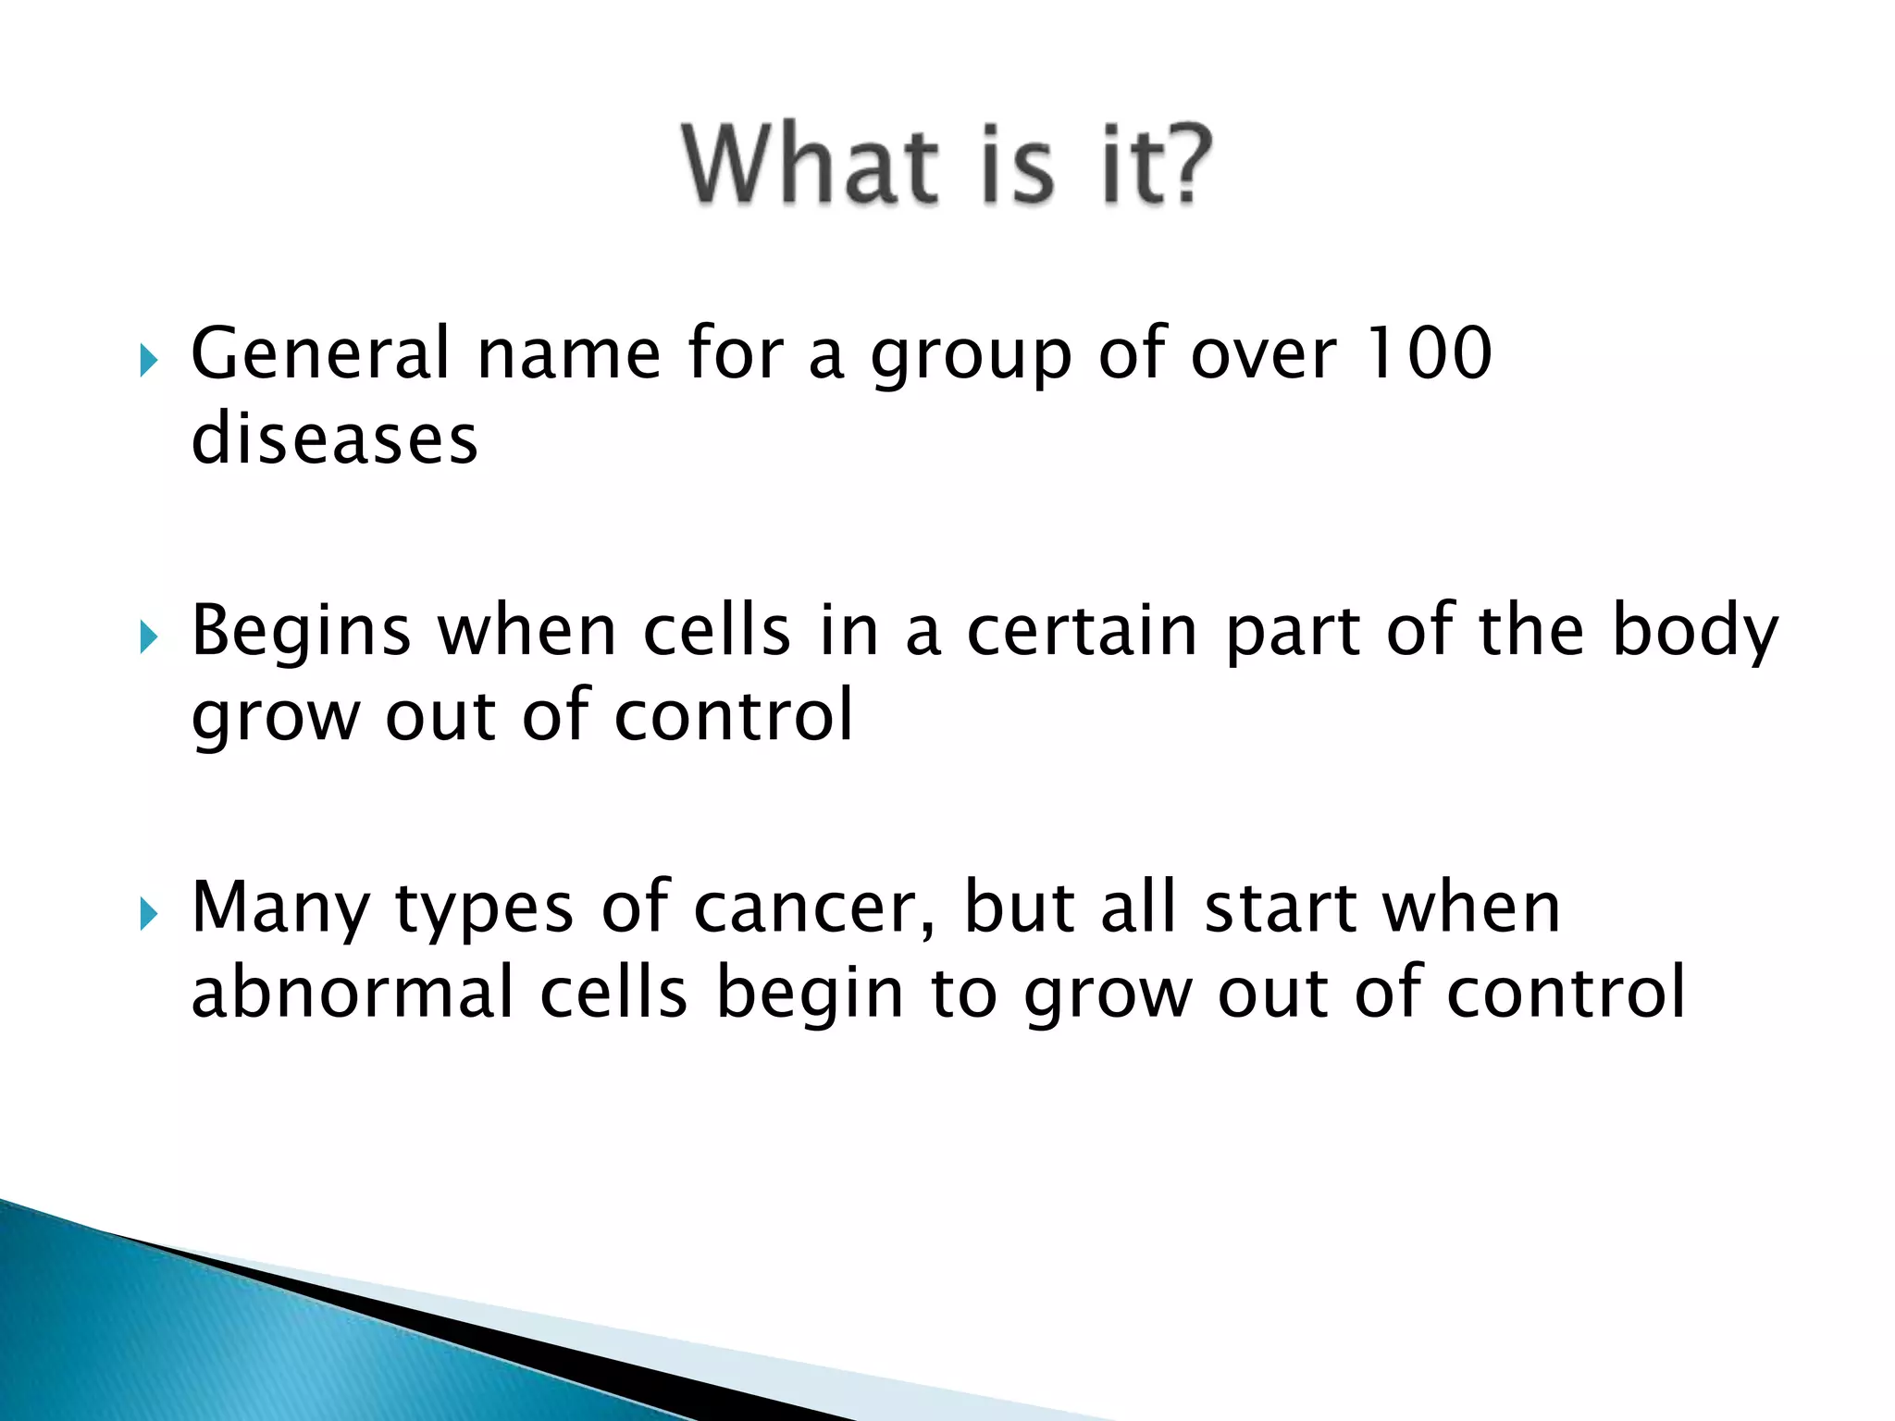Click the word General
[x=319, y=353]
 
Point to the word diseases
[x=334, y=439]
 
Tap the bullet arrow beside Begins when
[x=148, y=636]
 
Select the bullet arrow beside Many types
[x=148, y=914]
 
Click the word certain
[x=1082, y=631]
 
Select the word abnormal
[x=352, y=993]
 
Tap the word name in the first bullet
[x=568, y=355]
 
